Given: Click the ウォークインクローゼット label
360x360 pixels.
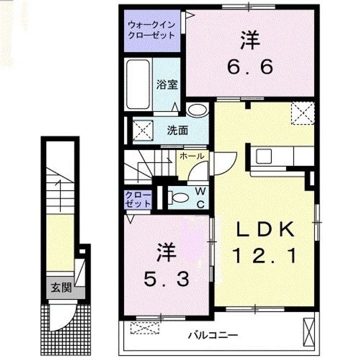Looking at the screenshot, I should tap(151, 29).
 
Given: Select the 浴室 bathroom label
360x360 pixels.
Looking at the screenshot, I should tap(167, 84).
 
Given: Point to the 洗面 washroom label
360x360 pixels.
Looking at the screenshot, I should tap(177, 131).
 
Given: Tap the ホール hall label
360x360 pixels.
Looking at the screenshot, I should tap(191, 156).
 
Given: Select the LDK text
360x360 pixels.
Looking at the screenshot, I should tap(264, 230).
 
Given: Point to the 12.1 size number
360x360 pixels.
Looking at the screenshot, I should tap(264, 256).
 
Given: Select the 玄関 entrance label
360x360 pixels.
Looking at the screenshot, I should tap(61, 287).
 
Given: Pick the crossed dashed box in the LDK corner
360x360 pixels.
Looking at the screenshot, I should tap(303, 112).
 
